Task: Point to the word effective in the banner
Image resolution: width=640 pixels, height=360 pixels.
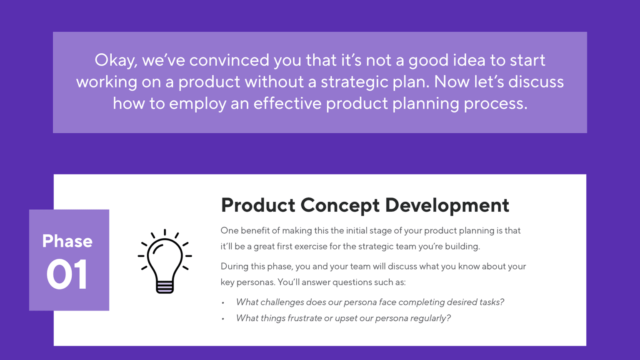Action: click(x=287, y=103)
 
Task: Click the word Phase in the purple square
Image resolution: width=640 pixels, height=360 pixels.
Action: click(x=67, y=241)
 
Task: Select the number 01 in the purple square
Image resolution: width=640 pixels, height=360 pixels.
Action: click(x=67, y=274)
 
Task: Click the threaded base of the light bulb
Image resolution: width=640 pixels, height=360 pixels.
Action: click(x=165, y=287)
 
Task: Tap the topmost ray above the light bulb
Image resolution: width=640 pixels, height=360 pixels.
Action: click(x=165, y=232)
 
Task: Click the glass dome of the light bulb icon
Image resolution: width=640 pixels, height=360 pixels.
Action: click(x=165, y=256)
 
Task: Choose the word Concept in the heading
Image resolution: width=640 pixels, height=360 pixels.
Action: click(x=340, y=205)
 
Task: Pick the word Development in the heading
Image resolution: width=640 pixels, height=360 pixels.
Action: click(x=447, y=205)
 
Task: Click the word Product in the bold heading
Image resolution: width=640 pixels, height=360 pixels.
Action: click(x=258, y=205)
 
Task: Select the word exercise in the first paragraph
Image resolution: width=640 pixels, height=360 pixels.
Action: click(x=310, y=247)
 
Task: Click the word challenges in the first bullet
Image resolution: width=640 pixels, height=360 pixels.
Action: click(x=282, y=302)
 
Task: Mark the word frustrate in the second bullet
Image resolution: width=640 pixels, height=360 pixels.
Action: click(x=305, y=318)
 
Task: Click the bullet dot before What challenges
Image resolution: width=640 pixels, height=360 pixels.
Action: click(x=223, y=303)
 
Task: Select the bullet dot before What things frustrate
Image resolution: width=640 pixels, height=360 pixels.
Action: click(x=223, y=319)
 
